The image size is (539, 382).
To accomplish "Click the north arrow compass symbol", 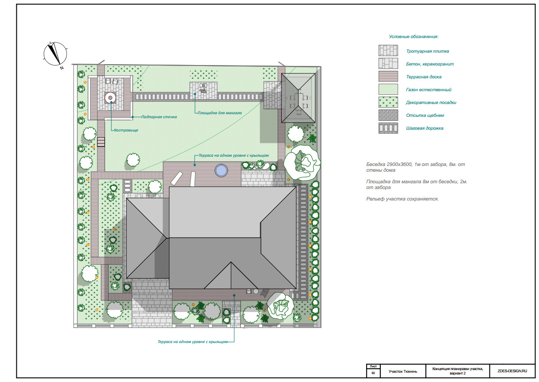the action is click(55, 54).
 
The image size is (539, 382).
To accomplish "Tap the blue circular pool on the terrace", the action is click(221, 170).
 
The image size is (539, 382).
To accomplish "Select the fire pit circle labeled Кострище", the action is click(111, 98).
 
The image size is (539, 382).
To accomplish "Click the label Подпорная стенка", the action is click(159, 117).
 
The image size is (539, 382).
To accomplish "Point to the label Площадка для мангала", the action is click(220, 113).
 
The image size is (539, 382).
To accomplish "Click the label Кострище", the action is click(126, 130).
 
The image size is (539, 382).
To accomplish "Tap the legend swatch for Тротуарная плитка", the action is click(388, 50).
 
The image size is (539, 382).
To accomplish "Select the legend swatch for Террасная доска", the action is click(388, 76).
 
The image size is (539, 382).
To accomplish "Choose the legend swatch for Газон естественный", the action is click(388, 89).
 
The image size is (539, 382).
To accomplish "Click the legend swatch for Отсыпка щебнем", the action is click(388, 115).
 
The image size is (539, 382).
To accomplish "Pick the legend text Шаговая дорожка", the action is click(425, 128).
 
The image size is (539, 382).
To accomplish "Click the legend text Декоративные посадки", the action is click(431, 102).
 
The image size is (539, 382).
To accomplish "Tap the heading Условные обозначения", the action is click(413, 37).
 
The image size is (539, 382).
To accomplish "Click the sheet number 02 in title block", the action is click(373, 373).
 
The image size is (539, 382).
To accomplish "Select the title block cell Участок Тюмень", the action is click(403, 371).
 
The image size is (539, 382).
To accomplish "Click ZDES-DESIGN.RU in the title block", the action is click(512, 371).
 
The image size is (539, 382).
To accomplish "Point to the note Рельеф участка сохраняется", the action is click(402, 199).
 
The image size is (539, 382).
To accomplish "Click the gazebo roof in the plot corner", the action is click(298, 98).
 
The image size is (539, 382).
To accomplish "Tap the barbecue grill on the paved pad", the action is click(203, 89).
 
